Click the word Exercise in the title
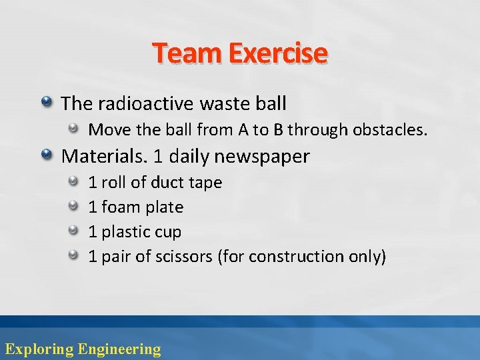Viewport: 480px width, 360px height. (x=278, y=53)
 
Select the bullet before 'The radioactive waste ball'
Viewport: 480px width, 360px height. (x=47, y=102)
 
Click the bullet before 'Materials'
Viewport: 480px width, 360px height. (x=47, y=155)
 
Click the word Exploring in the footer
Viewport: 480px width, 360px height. (x=39, y=349)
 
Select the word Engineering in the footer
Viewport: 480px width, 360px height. (x=119, y=349)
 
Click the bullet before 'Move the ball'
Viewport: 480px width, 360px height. (x=77, y=128)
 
